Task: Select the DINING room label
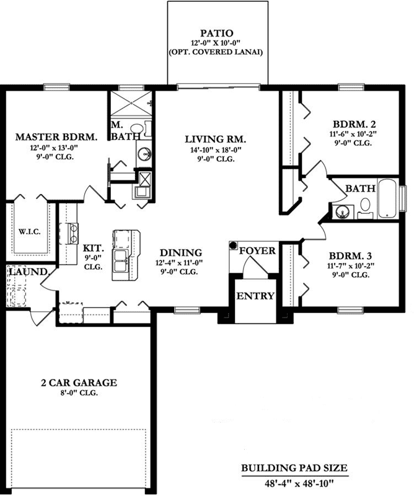[x=181, y=253]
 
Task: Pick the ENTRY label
[x=255, y=296]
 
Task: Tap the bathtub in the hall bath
[x=387, y=199]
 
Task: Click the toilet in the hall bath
[x=365, y=206]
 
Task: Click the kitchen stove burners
[x=71, y=233]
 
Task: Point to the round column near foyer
[x=234, y=246]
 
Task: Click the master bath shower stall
[x=130, y=102]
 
